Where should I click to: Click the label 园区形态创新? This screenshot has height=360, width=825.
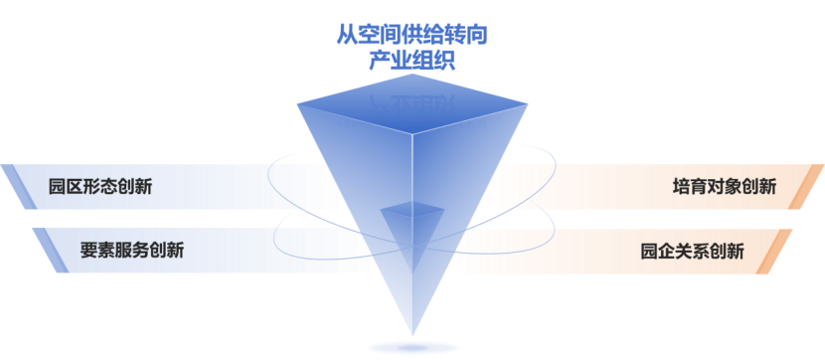coord(100,187)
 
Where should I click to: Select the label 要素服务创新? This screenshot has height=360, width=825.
coord(132,250)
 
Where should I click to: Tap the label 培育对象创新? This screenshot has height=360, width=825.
coord(724,187)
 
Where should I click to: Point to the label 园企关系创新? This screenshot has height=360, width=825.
coord(692,251)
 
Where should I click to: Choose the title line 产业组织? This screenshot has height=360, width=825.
coord(412,61)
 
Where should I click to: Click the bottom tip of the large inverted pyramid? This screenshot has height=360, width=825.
coord(412,335)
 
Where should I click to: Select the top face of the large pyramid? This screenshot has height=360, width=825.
coord(412,104)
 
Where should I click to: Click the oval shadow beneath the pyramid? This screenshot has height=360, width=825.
coord(412,348)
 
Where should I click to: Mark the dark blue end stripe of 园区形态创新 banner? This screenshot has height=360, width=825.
coord(19,187)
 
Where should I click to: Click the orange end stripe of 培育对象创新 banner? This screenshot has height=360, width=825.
coord(806,187)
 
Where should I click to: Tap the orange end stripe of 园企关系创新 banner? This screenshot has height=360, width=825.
coord(774,252)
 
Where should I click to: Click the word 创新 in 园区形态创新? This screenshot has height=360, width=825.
coord(135,187)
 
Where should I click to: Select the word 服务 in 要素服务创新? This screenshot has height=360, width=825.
coord(132,250)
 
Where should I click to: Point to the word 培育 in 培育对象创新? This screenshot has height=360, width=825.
coord(690,187)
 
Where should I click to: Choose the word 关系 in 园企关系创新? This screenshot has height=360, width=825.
coord(692,251)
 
